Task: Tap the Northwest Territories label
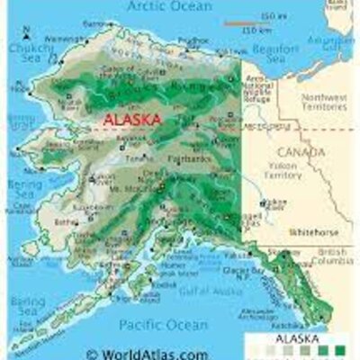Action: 323,102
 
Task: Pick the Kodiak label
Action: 166,284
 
